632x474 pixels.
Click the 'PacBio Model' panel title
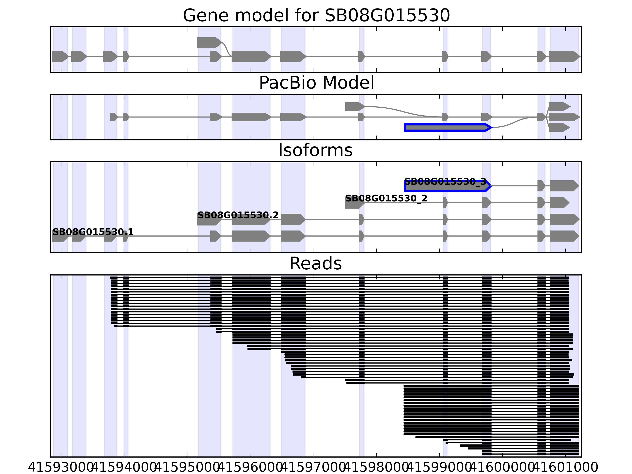(316, 83)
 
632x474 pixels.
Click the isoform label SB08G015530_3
(445, 182)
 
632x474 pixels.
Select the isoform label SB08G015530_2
(386, 198)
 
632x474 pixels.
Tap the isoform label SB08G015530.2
(238, 215)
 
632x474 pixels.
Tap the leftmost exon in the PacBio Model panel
(113, 117)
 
